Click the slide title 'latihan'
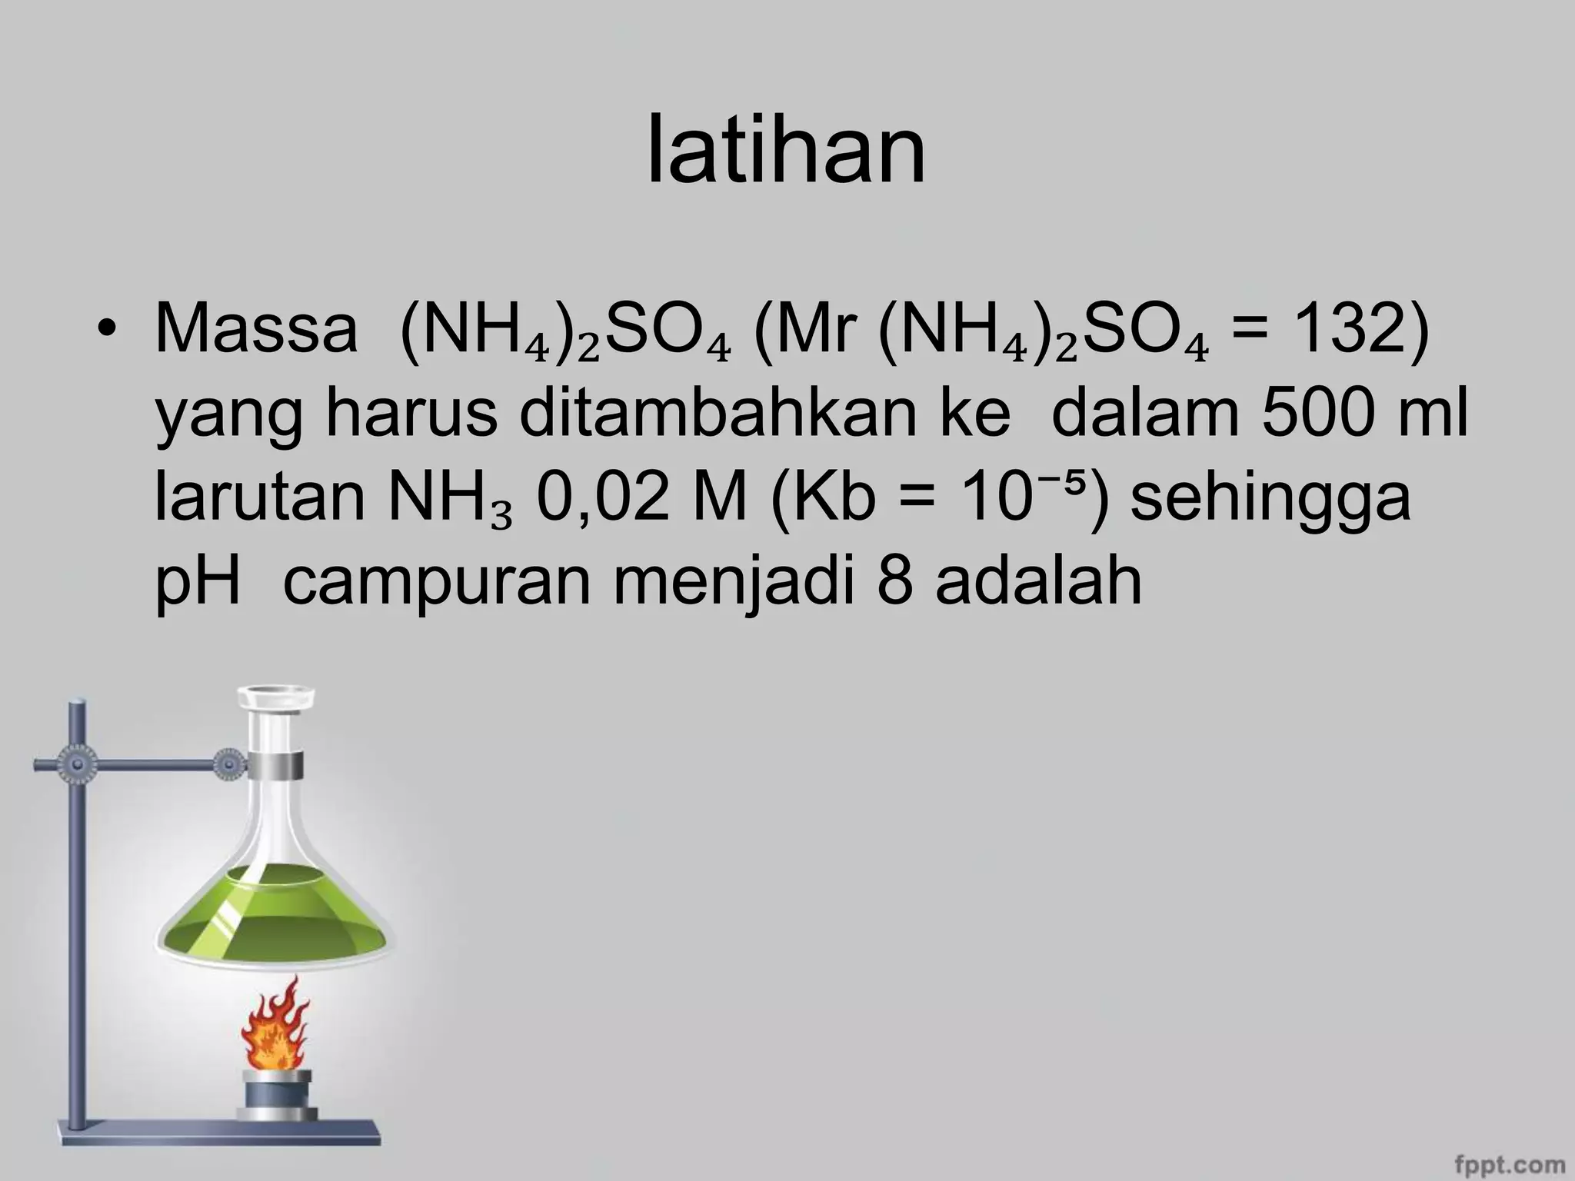(786, 151)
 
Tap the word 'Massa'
(256, 330)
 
